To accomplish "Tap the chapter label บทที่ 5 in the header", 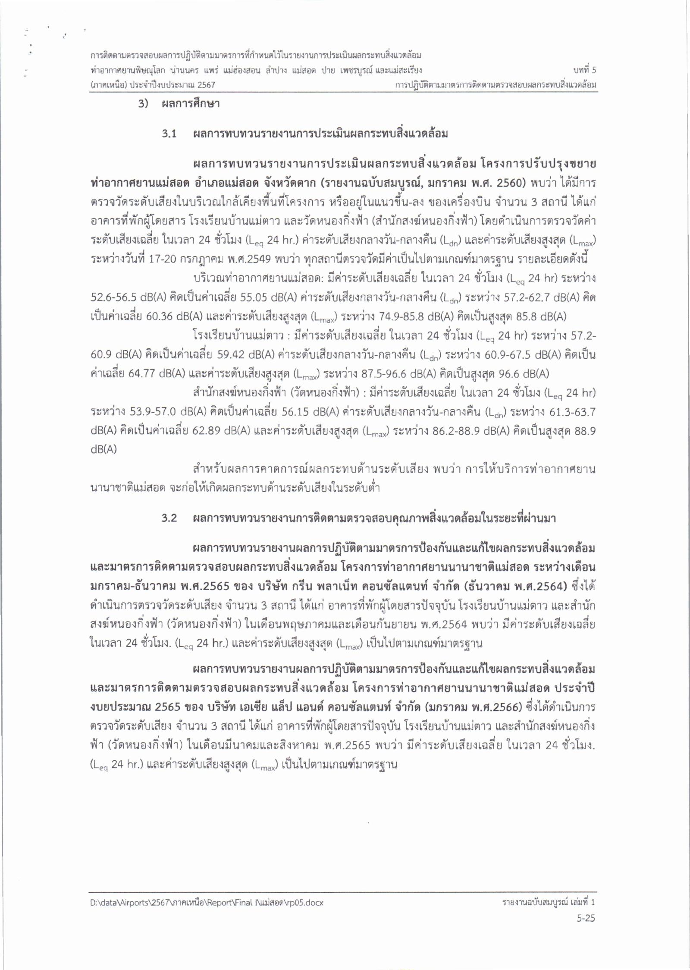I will [x=584, y=70].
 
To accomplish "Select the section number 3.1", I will [x=169, y=134].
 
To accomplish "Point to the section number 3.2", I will [x=169, y=518].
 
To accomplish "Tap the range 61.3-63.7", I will [x=572, y=412].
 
